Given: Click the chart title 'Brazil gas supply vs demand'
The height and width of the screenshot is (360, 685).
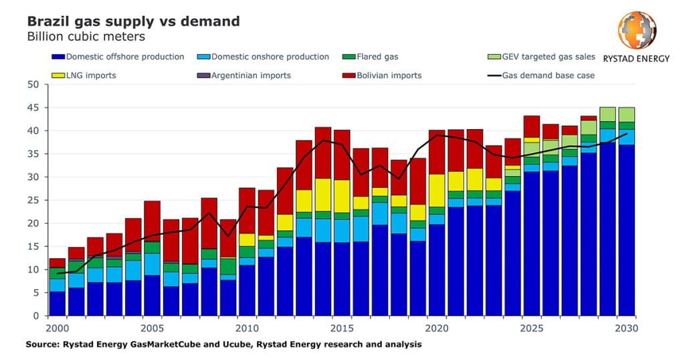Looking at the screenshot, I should (x=133, y=21).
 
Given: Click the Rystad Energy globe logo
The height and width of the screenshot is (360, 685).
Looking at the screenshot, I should (x=636, y=31).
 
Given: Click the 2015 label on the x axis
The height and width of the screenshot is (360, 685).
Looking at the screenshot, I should (x=342, y=329).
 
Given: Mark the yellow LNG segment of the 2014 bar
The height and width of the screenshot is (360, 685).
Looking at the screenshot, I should (x=323, y=195).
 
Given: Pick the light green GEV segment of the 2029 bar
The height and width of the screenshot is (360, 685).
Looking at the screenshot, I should (x=607, y=114).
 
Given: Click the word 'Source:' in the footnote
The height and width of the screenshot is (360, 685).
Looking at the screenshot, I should (x=43, y=345).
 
